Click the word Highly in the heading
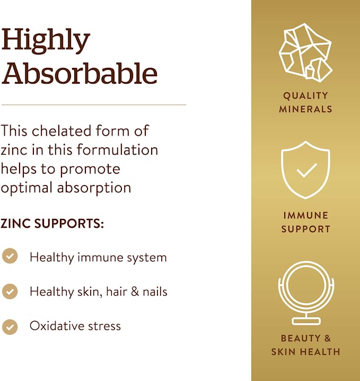pyautogui.click(x=46, y=41)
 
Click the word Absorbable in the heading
pyautogui.click(x=80, y=74)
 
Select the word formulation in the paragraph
pyautogui.click(x=117, y=149)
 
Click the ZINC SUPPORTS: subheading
pyautogui.click(x=52, y=224)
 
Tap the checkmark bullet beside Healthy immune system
pyautogui.click(x=10, y=256)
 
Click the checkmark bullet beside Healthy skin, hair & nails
pyautogui.click(x=10, y=291)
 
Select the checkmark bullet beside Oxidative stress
pyautogui.click(x=10, y=325)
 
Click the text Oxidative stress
pyautogui.click(x=75, y=326)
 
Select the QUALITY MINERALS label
pyautogui.click(x=305, y=102)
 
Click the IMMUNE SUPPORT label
pyautogui.click(x=305, y=222)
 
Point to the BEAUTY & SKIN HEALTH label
pyautogui.click(x=305, y=345)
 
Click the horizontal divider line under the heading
pyautogui.click(x=93, y=105)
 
